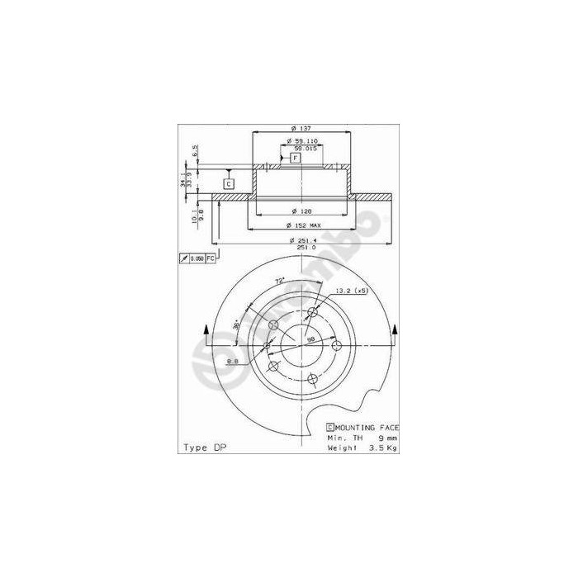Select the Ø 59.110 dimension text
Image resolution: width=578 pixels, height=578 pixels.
tap(303, 141)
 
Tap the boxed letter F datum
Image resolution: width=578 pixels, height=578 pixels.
tap(295, 157)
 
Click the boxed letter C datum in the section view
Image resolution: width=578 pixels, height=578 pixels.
tap(229, 182)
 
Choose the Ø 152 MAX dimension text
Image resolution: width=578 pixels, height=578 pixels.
tap(302, 225)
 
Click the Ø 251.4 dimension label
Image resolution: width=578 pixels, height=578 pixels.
tap(303, 239)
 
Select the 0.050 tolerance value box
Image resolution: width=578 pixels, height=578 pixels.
tap(197, 259)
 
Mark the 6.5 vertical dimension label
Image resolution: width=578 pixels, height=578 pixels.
tap(196, 151)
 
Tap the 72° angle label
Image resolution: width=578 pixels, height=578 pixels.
tap(280, 282)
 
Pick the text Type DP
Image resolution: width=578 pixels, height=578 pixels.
tap(204, 447)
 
